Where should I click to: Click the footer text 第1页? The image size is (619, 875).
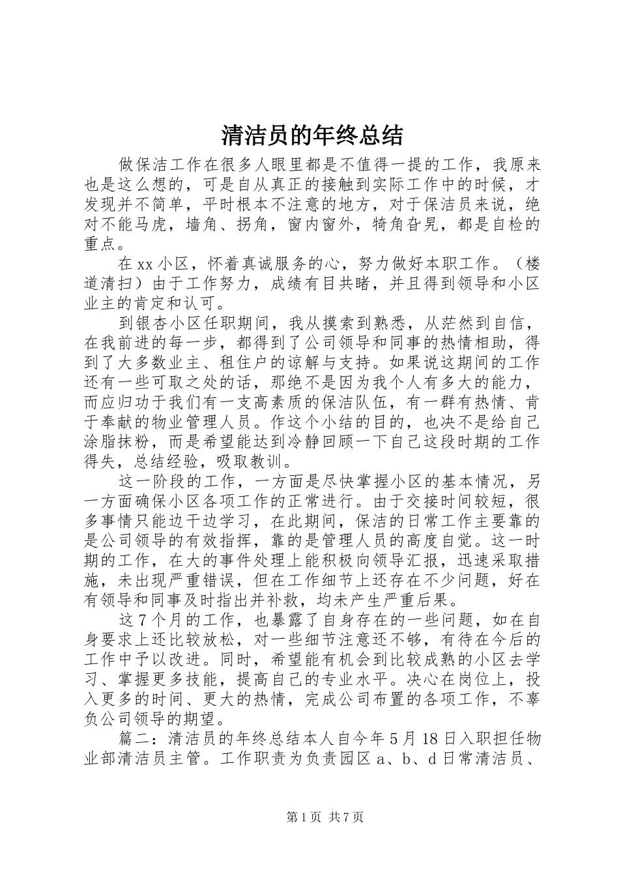(301, 818)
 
